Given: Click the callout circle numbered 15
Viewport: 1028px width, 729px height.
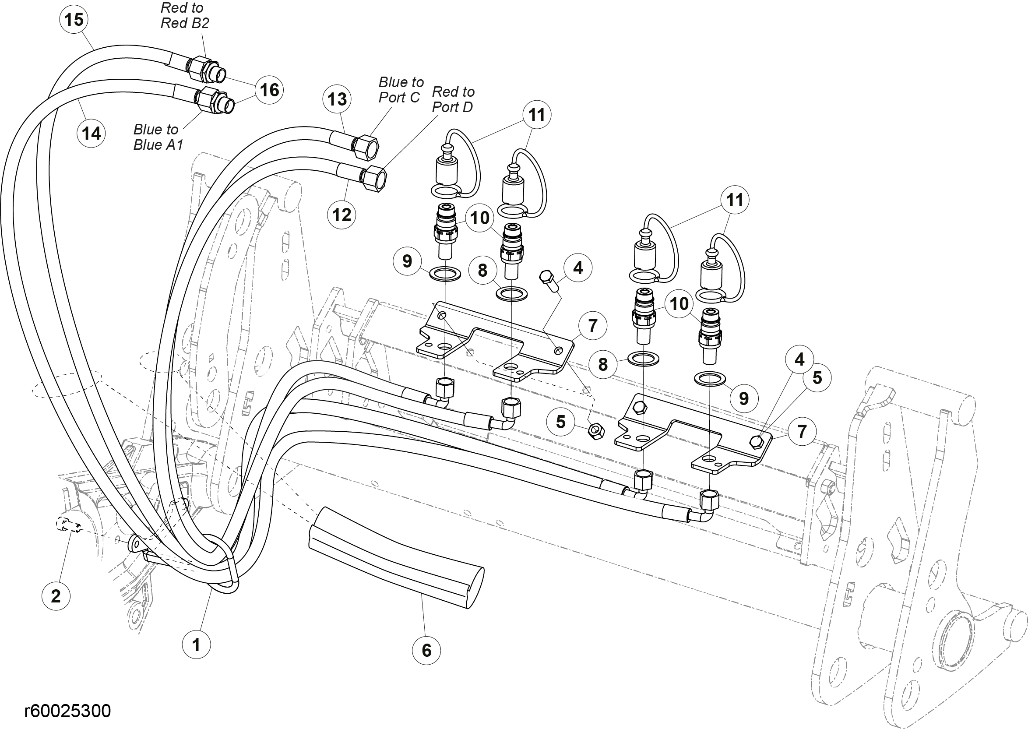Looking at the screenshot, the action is click(x=74, y=19).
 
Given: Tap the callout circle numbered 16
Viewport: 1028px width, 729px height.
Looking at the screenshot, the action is click(x=269, y=90).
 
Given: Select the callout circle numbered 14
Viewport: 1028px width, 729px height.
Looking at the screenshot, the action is click(x=91, y=133).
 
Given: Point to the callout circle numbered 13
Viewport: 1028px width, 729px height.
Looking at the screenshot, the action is click(x=337, y=99).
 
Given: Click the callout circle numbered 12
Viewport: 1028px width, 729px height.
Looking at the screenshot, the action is click(x=341, y=215).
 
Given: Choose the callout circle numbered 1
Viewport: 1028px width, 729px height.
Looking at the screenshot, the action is click(x=196, y=644).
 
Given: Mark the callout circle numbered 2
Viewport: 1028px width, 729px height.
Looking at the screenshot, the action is click(x=56, y=596).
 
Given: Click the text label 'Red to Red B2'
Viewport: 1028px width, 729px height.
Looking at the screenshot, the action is click(x=184, y=16).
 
